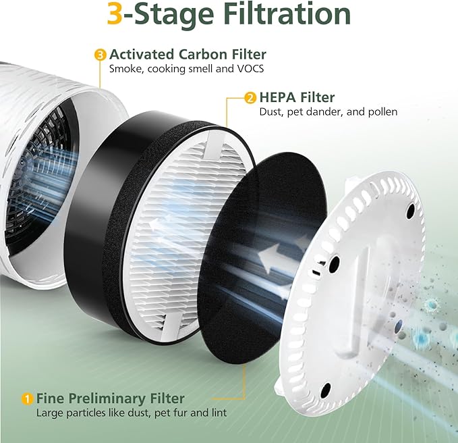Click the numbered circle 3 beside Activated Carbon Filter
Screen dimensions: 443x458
pyautogui.click(x=101, y=54)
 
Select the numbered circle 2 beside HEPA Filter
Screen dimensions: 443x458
pyautogui.click(x=250, y=99)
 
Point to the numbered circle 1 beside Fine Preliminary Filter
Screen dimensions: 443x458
pyautogui.click(x=28, y=399)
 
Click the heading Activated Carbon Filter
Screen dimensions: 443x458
pyautogui.click(x=188, y=54)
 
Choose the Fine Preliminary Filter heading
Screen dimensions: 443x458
pyautogui.click(x=110, y=398)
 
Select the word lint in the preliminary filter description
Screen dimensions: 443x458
pyautogui.click(x=219, y=413)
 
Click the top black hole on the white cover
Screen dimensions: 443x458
pyautogui.click(x=410, y=211)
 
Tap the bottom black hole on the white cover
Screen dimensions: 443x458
pyautogui.click(x=326, y=388)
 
